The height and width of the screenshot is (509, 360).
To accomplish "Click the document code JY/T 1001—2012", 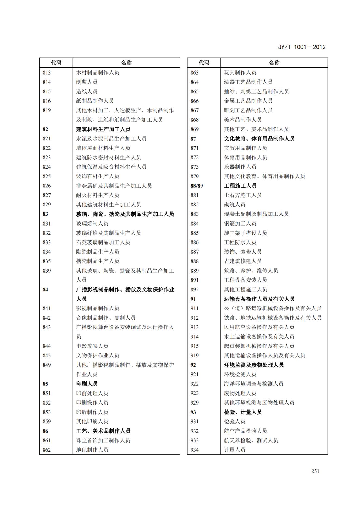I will (x=301, y=47).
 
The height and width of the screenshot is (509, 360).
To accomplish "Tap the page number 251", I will (x=315, y=471).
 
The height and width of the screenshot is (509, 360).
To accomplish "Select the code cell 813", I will (x=47, y=73).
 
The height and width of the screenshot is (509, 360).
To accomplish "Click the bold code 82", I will (x=45, y=129).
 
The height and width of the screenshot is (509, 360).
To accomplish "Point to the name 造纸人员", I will (x=87, y=91).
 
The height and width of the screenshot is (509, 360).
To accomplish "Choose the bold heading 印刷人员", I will (x=87, y=384).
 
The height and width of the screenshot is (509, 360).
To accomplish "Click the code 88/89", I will (x=196, y=186).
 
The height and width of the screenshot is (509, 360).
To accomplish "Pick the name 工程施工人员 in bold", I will (x=240, y=186).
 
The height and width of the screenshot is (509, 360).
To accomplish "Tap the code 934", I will (x=195, y=450).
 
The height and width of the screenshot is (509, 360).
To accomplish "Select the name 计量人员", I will (x=235, y=450).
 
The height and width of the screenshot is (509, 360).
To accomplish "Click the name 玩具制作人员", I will (x=240, y=73).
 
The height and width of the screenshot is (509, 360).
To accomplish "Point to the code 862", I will (x=47, y=450).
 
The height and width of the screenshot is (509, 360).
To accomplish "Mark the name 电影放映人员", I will (x=92, y=346).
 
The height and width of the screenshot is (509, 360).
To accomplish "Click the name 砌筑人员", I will (x=235, y=205).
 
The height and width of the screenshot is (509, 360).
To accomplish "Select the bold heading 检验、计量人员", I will (x=243, y=412).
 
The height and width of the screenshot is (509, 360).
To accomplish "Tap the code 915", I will (x=195, y=346).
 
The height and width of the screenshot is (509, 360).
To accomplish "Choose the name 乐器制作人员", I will (x=240, y=167).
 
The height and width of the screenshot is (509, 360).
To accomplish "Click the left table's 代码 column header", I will (x=56, y=63).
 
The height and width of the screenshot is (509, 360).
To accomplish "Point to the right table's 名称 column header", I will (x=274, y=63).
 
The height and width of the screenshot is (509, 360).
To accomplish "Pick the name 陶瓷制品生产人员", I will (x=97, y=252).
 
